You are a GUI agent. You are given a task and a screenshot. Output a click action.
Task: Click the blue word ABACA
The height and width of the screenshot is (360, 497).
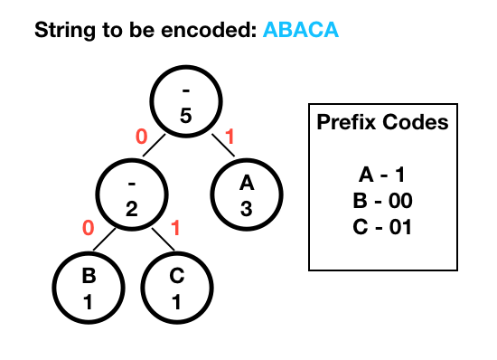(x=301, y=30)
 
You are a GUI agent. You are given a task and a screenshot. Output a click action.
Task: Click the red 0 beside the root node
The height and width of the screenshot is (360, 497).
(x=141, y=137)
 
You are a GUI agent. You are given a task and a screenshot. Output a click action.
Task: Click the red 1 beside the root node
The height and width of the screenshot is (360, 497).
(x=230, y=137)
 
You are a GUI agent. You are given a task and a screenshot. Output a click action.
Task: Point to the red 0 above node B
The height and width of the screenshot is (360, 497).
(x=89, y=228)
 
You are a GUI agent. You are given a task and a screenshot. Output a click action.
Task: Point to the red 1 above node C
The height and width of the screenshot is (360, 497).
(x=175, y=228)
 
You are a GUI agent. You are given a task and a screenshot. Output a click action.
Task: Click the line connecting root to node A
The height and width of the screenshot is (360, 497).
(x=223, y=146)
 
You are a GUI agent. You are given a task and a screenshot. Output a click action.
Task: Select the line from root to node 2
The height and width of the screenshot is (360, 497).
(x=154, y=146)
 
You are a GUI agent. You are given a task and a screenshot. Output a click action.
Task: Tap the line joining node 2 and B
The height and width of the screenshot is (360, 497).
(x=104, y=239)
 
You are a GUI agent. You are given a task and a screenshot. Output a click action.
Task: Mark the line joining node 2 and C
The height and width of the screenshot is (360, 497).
(x=164, y=239)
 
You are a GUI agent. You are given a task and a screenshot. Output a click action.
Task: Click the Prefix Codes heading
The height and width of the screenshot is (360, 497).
(x=382, y=122)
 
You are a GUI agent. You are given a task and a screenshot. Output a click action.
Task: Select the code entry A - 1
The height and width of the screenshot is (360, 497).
(x=382, y=175)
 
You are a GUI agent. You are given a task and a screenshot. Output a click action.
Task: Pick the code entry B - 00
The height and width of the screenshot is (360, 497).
(x=382, y=201)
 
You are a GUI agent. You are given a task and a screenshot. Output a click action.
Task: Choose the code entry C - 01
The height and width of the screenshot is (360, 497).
(x=382, y=227)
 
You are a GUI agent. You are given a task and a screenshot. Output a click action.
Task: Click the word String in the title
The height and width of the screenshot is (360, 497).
(x=65, y=31)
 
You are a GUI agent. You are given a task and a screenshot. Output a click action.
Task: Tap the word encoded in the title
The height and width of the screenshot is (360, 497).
(x=209, y=30)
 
